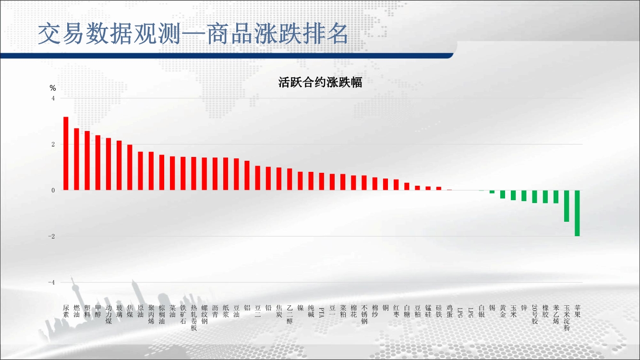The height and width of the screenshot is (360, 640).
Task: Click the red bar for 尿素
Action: (x=66, y=154)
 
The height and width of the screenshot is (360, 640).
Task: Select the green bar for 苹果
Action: (x=577, y=213)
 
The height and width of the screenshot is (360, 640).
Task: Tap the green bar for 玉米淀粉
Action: (x=567, y=206)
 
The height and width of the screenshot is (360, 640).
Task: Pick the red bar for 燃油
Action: (x=76, y=159)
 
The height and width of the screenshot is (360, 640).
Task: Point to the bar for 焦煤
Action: (x=130, y=168)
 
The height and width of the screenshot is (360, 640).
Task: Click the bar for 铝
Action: (x=247, y=175)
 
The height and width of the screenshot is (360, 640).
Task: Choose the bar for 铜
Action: (x=386, y=184)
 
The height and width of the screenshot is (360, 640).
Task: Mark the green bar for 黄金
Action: (x=503, y=194)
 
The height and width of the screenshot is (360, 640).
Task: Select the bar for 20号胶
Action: (x=534, y=197)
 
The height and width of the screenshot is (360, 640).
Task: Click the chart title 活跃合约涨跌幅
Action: (x=320, y=82)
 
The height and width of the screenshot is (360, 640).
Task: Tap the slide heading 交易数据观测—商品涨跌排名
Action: (x=193, y=34)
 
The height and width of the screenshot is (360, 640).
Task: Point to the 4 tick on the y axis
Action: (x=53, y=98)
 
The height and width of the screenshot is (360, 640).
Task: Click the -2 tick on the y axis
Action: (x=51, y=236)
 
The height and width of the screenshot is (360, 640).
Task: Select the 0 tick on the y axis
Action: (x=53, y=190)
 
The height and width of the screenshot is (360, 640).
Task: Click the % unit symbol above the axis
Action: (x=53, y=88)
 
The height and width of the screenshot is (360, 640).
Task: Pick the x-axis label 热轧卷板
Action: (x=193, y=318)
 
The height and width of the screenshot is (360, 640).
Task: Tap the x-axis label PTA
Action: (x=321, y=312)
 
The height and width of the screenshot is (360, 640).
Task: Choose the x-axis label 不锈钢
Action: (x=364, y=314)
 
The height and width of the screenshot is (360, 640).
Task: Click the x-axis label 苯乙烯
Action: (x=556, y=314)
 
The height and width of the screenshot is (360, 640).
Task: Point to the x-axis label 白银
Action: (x=482, y=311)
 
